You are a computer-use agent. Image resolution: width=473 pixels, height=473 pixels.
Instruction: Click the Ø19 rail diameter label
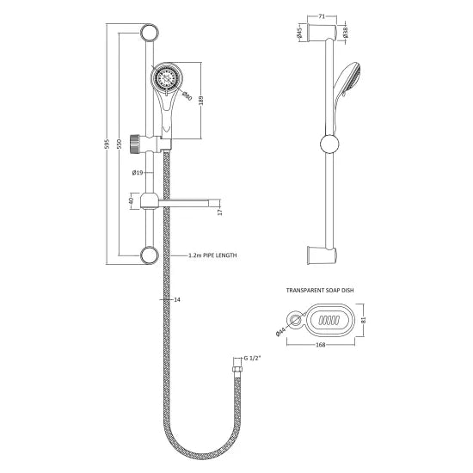137,174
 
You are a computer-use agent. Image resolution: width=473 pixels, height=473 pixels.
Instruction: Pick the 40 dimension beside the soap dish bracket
128,200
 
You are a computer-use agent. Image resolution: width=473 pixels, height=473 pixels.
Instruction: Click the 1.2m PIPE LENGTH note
212,255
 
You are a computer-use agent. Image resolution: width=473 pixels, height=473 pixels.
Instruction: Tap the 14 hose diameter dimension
176,300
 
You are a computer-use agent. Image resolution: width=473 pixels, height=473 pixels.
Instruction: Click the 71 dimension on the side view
321,15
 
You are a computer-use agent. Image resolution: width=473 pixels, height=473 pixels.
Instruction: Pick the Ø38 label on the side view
343,34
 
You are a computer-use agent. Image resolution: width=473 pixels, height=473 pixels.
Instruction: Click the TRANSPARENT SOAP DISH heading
321,292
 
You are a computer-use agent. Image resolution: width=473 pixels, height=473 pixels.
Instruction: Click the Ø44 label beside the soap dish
284,330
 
